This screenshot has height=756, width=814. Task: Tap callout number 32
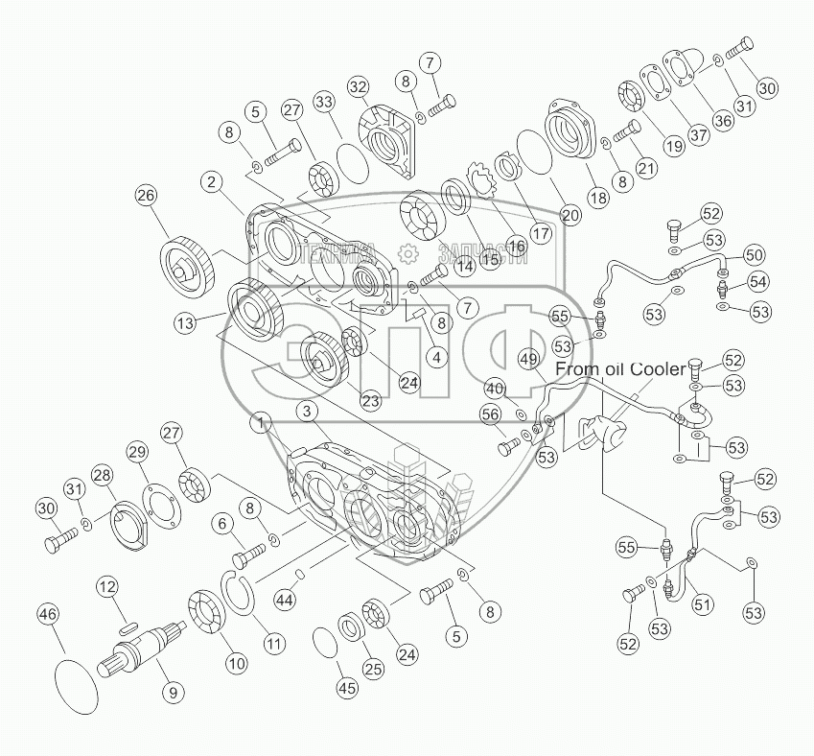pyautogui.click(x=358, y=87)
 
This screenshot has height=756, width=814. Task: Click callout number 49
pyautogui.click(x=528, y=358)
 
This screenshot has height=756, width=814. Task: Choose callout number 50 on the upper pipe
pyautogui.click(x=754, y=255)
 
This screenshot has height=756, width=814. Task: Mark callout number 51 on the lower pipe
pyautogui.click(x=703, y=603)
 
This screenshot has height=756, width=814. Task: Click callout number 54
pyautogui.click(x=758, y=281)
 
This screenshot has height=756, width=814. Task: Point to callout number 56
pyautogui.click(x=491, y=413)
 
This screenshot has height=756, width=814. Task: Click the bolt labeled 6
pyautogui.click(x=248, y=554)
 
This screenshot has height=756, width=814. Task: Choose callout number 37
pyautogui.click(x=698, y=135)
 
